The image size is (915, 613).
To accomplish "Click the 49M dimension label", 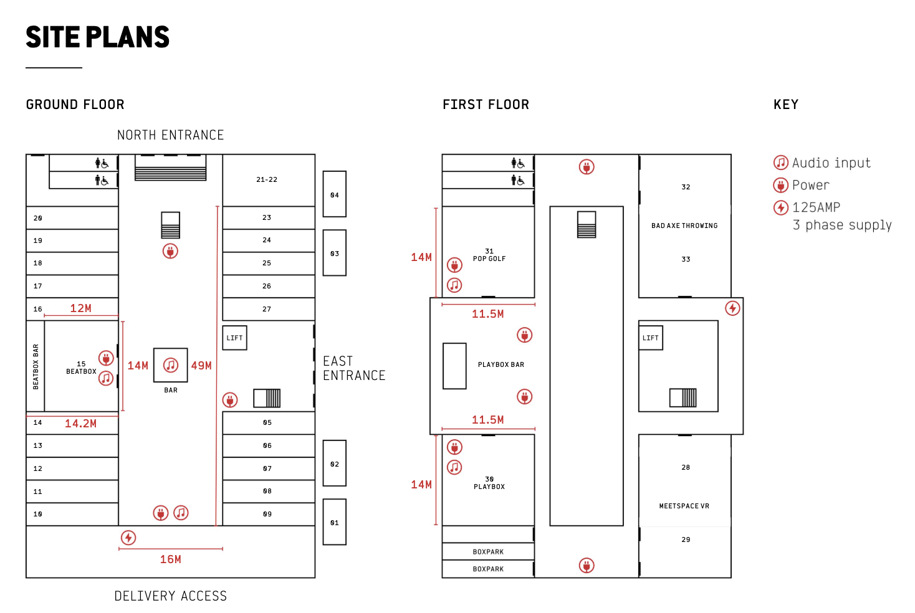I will point(201,366).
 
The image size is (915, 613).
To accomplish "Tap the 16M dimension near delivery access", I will point(170,559).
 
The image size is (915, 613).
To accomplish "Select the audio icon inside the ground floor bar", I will point(171,365).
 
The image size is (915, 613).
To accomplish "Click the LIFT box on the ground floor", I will point(234,338).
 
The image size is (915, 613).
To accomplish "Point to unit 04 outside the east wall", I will point(335,194).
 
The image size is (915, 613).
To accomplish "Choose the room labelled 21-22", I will point(267,179).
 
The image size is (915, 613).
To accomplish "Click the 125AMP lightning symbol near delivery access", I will point(128,538).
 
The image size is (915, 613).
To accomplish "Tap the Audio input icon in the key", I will point(780,163).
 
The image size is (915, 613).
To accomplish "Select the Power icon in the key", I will point(780,185).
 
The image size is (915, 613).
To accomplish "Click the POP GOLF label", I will point(489,259).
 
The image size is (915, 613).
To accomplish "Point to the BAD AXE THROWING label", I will point(684,226).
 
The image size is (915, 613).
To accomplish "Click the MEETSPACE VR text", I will point(684,506).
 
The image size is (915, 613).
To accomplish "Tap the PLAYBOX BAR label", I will point(501,364).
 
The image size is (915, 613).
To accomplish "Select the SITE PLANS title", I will point(98,37).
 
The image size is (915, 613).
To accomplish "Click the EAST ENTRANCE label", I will point(353,368).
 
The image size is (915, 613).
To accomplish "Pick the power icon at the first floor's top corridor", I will point(587,167).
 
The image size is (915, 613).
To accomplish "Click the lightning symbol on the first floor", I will point(732,308).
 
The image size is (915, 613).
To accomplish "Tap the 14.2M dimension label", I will point(81,424).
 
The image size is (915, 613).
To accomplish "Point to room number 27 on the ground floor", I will point(267,309).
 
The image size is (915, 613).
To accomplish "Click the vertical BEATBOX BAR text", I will point(36,366).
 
